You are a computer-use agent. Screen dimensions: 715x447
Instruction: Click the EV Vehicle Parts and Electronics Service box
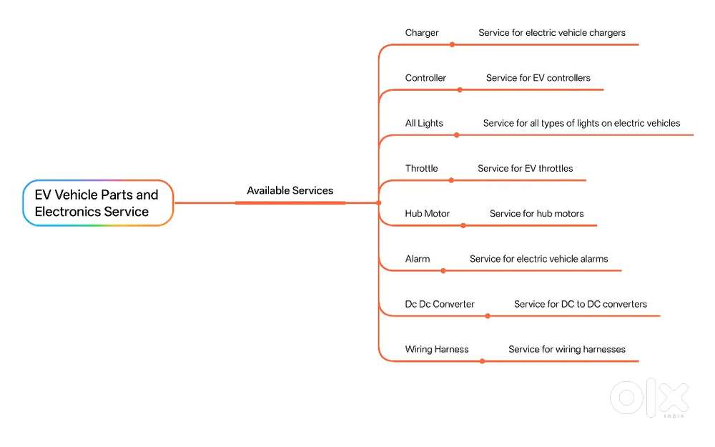tap(98, 203)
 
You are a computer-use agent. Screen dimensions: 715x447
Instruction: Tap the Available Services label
tap(290, 191)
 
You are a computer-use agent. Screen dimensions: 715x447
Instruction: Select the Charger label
tap(422, 33)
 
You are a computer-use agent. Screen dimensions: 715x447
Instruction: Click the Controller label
tap(425, 78)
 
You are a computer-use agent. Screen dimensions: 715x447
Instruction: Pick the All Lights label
tap(424, 123)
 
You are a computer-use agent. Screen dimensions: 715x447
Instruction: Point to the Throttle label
tap(421, 168)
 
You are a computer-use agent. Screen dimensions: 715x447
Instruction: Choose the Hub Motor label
tap(428, 213)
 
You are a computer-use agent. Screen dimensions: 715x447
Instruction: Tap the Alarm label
tap(418, 259)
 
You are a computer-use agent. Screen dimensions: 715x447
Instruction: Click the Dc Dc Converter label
tap(440, 304)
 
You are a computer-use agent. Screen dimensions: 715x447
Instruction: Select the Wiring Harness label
tap(437, 350)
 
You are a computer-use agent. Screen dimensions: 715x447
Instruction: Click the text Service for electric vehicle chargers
tap(552, 33)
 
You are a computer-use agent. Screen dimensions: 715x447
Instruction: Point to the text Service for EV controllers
tap(538, 78)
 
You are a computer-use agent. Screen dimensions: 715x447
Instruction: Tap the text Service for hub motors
tap(537, 213)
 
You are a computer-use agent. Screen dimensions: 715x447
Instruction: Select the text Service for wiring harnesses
tap(567, 350)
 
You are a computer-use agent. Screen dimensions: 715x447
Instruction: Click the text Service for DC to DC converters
tap(581, 304)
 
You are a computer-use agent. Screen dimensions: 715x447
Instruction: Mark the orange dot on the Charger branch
tap(452, 44)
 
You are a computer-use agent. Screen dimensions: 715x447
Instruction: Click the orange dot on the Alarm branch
tap(443, 271)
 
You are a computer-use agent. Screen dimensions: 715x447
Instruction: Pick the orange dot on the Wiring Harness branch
tap(482, 361)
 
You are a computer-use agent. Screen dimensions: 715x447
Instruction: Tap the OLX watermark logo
tap(649, 398)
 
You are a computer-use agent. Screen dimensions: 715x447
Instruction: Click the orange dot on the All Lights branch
tap(456, 135)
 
